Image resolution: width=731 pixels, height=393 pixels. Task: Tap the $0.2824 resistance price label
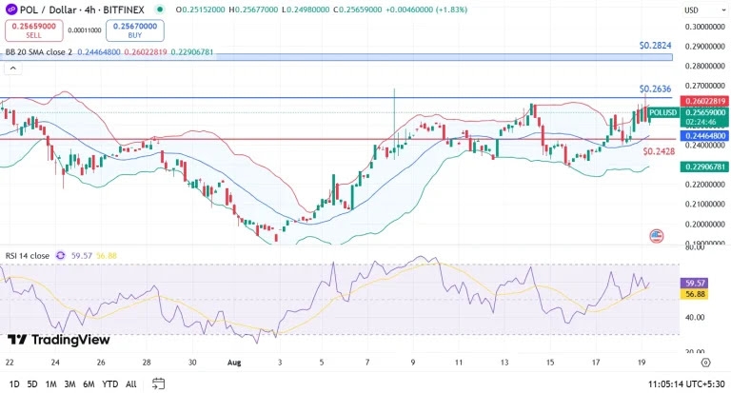coord(655,46)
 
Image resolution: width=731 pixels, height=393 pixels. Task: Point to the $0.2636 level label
coord(655,88)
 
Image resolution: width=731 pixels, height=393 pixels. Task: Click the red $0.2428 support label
coord(659,151)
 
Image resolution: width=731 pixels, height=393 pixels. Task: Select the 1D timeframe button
coord(13,383)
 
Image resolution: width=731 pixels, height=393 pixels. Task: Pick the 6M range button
coord(88,383)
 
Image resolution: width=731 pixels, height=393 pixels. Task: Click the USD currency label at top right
coord(691,10)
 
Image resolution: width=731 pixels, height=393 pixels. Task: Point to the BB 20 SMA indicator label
coord(38,52)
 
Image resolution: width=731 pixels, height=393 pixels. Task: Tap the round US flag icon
coord(656,235)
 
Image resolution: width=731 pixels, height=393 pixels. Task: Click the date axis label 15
coord(550,363)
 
